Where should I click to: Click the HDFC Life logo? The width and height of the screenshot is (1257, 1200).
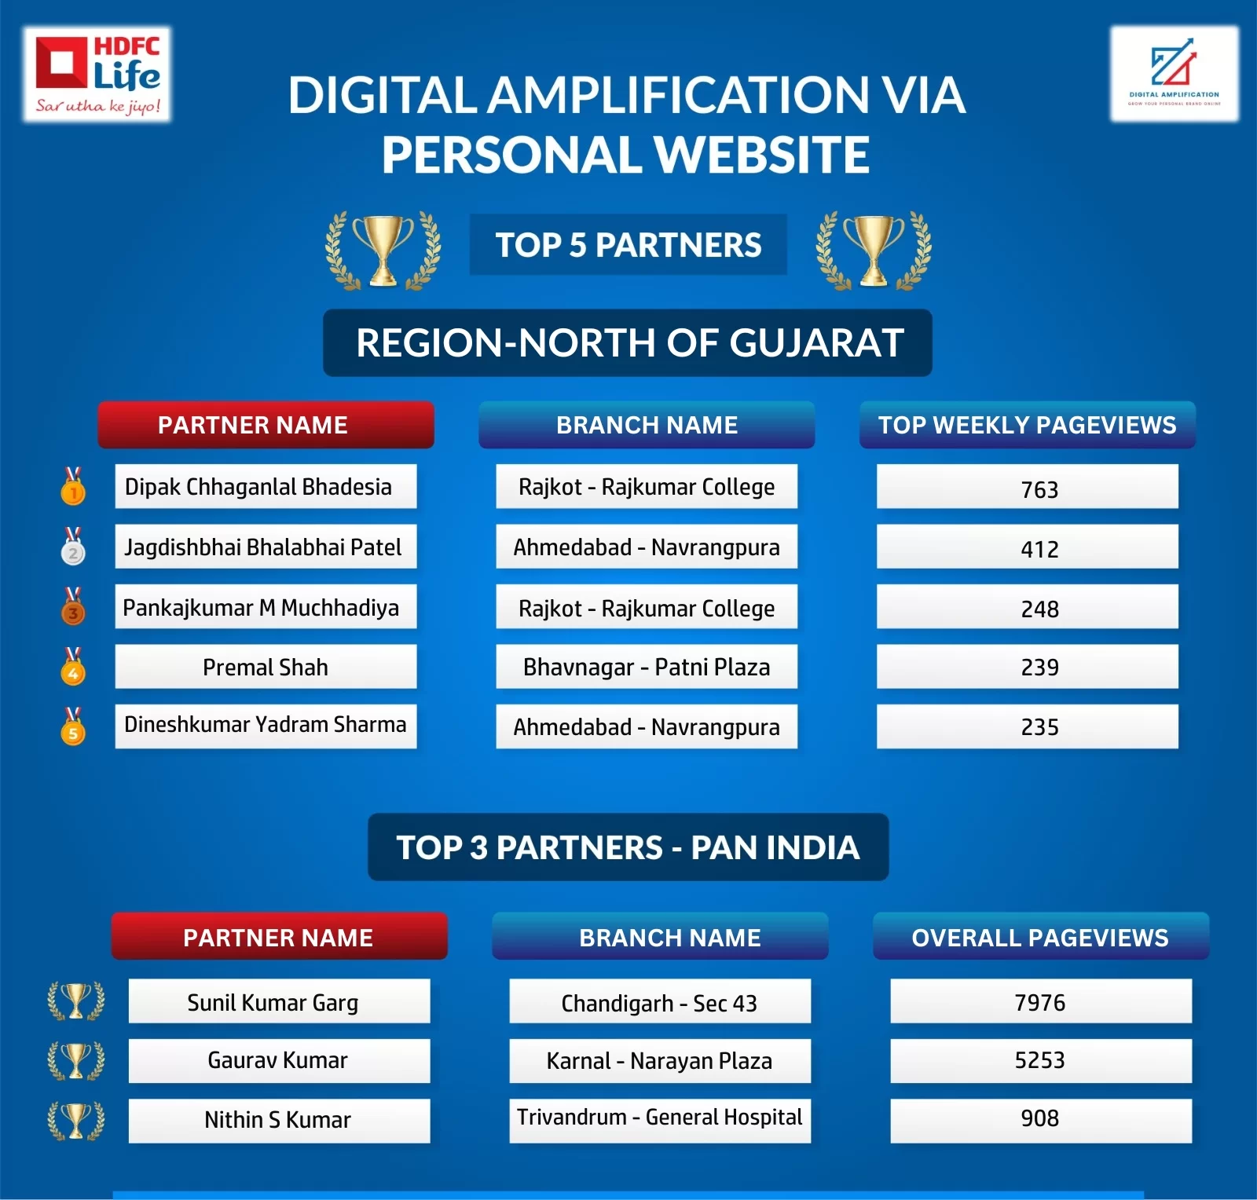click(x=97, y=75)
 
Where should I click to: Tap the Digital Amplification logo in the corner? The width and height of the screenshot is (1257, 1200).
click(x=1174, y=74)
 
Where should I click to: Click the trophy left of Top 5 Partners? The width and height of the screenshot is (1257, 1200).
click(x=383, y=251)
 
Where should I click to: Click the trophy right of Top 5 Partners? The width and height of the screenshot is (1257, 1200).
click(x=874, y=251)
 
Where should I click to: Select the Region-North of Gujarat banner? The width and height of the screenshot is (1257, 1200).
click(x=628, y=343)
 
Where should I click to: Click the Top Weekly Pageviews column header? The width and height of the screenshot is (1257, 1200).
click(x=1028, y=425)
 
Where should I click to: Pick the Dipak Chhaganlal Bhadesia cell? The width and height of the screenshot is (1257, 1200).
click(x=266, y=486)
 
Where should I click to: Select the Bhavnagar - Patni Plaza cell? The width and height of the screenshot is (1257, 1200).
click(x=647, y=667)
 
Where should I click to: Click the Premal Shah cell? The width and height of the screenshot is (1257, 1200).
click(x=266, y=667)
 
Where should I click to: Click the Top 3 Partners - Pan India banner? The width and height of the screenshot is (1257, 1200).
click(x=628, y=847)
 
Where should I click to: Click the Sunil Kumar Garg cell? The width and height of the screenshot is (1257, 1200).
click(x=279, y=1001)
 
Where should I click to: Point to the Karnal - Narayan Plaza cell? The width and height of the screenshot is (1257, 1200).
click(x=660, y=1061)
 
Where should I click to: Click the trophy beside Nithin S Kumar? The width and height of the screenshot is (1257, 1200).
click(x=76, y=1120)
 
